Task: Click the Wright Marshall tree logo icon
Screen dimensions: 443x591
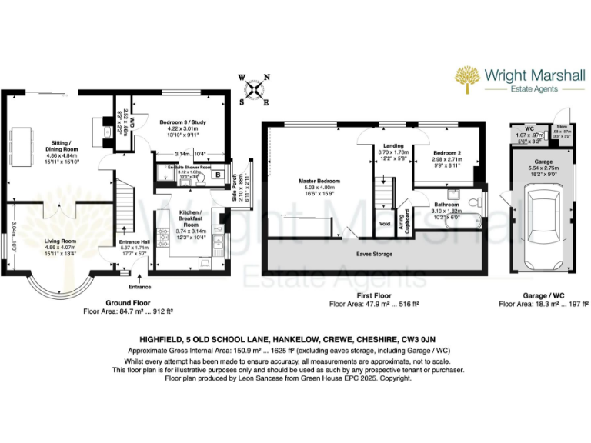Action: (x=467, y=78)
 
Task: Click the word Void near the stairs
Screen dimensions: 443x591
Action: (x=386, y=225)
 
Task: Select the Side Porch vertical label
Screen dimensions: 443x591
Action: (x=235, y=190)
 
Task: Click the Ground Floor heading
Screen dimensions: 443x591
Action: (x=128, y=304)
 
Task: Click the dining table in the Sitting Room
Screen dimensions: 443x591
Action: (x=31, y=141)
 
